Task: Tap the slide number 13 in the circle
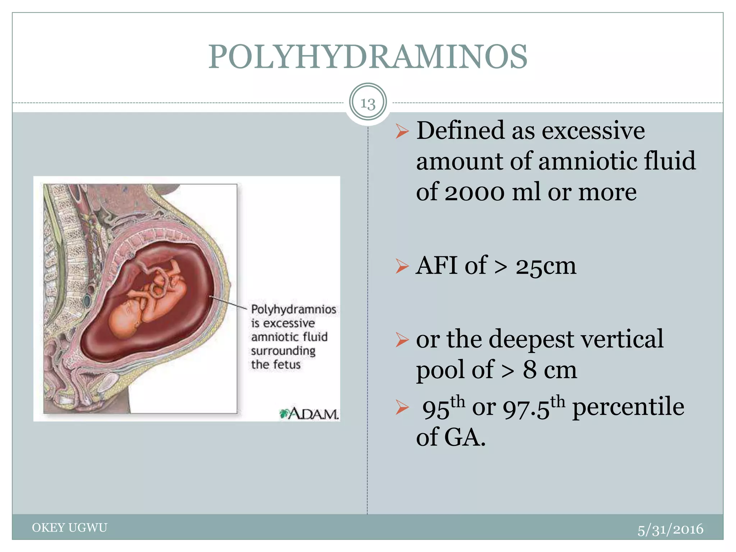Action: (x=368, y=103)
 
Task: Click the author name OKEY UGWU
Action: (x=70, y=528)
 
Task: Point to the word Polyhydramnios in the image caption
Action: (x=293, y=309)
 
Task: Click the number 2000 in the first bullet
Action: (x=474, y=192)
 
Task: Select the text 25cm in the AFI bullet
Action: (x=546, y=266)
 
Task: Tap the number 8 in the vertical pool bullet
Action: (x=530, y=370)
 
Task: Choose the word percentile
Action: (x=628, y=407)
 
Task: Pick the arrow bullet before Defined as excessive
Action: (x=402, y=131)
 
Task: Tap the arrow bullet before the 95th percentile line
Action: (x=402, y=408)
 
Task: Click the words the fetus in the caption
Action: (x=276, y=364)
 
